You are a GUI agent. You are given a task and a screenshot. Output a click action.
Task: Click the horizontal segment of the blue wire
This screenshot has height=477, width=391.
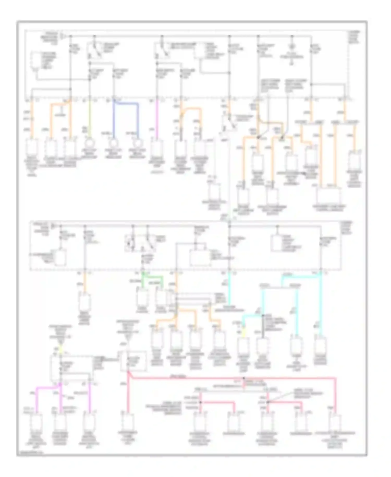coord(126,104)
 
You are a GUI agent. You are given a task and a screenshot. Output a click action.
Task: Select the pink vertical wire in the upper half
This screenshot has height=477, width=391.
coord(157,117)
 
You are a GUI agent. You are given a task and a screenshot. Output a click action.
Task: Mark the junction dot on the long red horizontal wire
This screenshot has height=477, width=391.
coord(244,378)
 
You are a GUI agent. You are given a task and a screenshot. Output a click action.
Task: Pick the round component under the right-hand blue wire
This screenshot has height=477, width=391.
coord(137,144)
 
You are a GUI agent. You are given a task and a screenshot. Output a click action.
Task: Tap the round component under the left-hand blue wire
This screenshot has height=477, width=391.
coord(114,144)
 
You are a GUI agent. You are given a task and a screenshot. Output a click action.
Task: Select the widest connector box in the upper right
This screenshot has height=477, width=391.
coord(329,196)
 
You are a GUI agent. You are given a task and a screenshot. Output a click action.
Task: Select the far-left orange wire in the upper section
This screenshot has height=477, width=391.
coord(32,117)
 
